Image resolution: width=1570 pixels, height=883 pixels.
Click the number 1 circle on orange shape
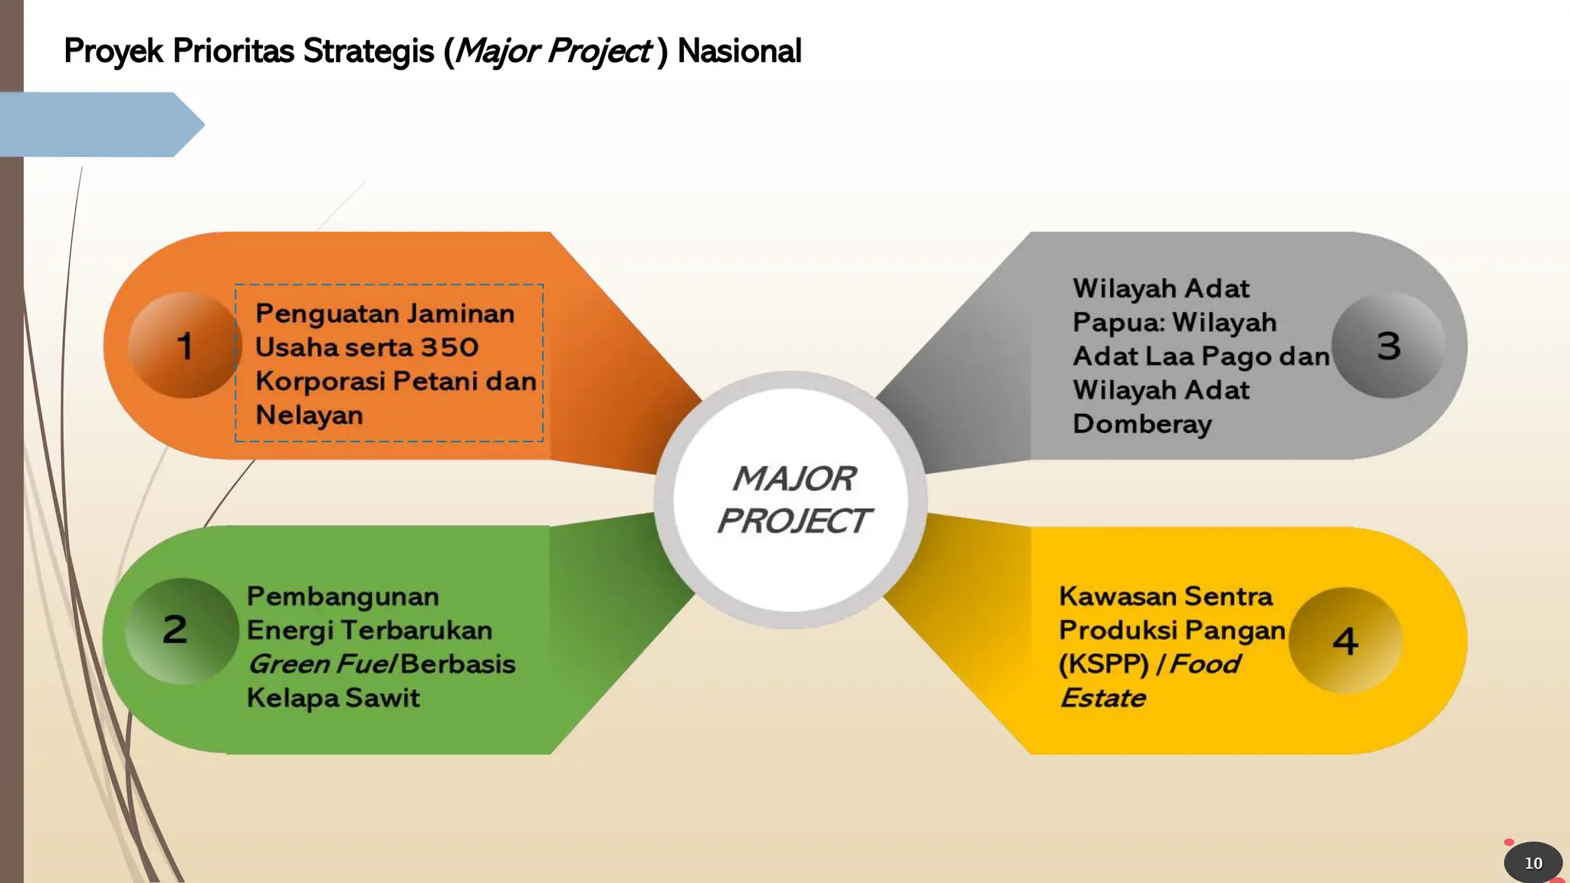coord(184,345)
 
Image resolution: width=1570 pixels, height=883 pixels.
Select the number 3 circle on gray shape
coord(1388,345)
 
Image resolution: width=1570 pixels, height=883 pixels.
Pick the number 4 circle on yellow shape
coord(1345,641)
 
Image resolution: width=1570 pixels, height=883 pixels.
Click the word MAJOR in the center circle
coord(794,479)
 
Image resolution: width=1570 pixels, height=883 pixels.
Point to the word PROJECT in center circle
coord(793,521)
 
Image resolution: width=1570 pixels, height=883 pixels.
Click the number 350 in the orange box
coord(449,347)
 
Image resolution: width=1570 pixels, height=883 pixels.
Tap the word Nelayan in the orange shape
coord(309,415)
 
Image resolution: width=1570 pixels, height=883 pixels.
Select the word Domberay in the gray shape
coord(1142,424)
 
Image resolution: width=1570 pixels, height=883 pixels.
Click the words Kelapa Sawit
coord(333,698)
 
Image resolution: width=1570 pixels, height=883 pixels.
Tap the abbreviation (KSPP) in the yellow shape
coord(1104,664)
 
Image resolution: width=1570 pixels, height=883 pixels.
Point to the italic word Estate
coord(1102,698)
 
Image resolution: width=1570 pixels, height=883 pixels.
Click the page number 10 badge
coord(1533,863)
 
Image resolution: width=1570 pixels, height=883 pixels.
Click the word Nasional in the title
coord(739,51)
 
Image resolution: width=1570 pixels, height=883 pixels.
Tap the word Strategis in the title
coord(369,51)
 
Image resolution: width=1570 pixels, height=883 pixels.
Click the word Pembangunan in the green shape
coord(343,596)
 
